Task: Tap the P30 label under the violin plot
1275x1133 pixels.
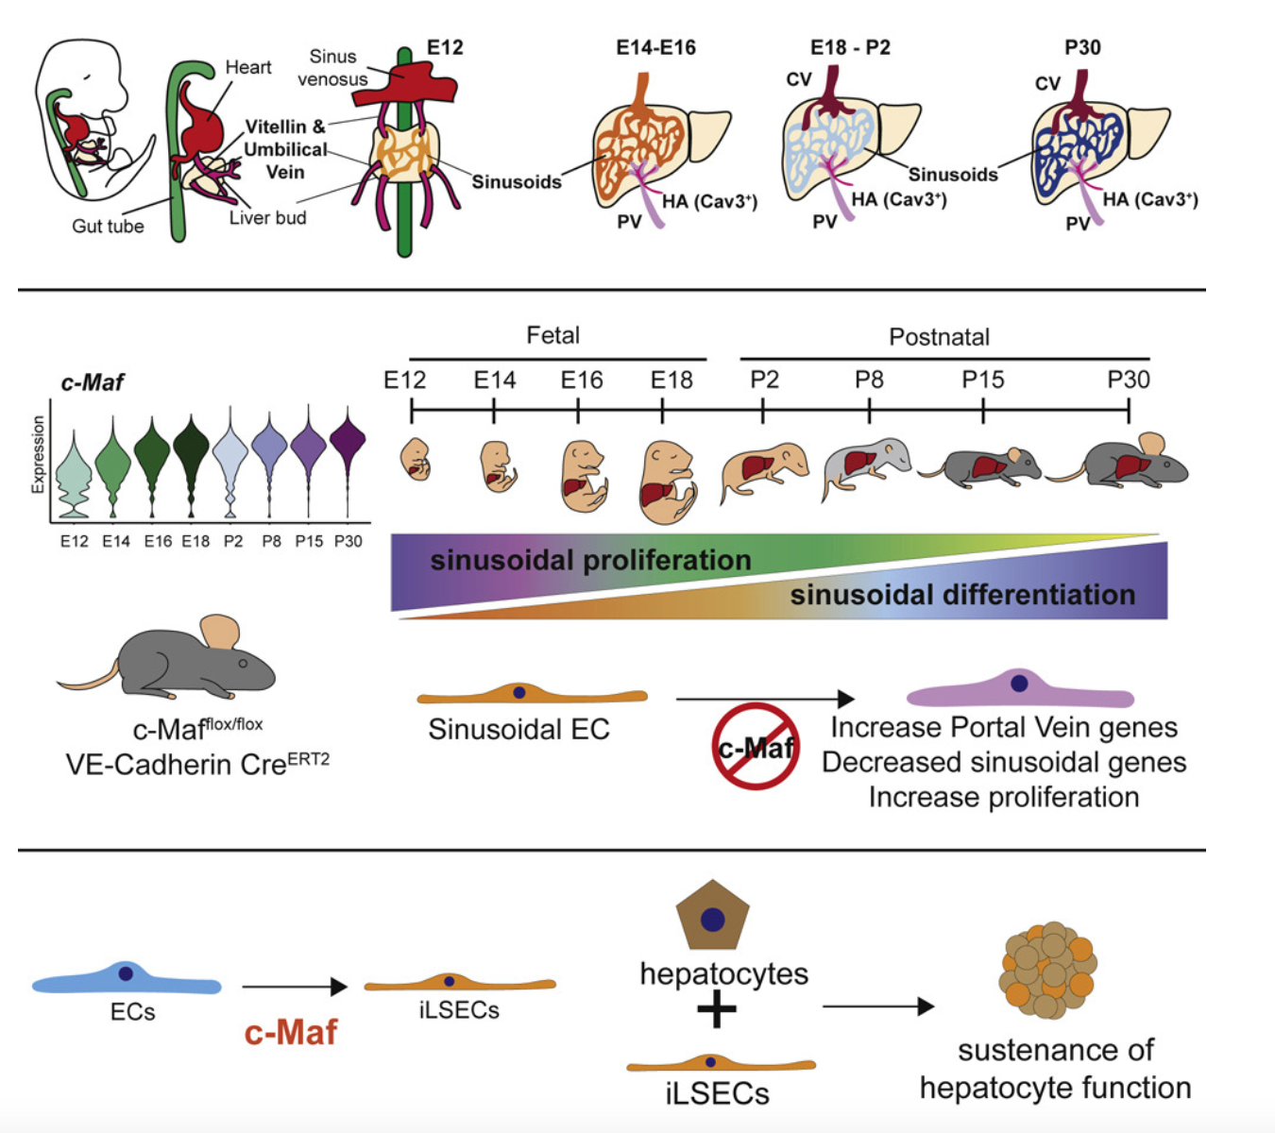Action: [x=348, y=542]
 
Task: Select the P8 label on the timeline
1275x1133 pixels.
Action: [x=869, y=380]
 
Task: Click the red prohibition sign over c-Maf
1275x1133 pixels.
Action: [x=756, y=747]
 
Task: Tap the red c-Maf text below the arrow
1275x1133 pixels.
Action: [x=290, y=1033]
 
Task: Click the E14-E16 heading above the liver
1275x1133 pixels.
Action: [x=655, y=48]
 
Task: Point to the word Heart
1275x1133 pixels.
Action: [x=247, y=68]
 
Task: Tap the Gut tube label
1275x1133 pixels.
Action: [x=108, y=227]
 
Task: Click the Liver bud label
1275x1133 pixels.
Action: [x=267, y=218]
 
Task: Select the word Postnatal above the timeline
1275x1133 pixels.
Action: [x=939, y=337]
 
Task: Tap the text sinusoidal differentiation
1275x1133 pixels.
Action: [x=962, y=595]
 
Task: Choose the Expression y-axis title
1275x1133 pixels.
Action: [x=38, y=454]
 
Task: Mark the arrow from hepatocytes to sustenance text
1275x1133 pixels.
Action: [x=877, y=1006]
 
